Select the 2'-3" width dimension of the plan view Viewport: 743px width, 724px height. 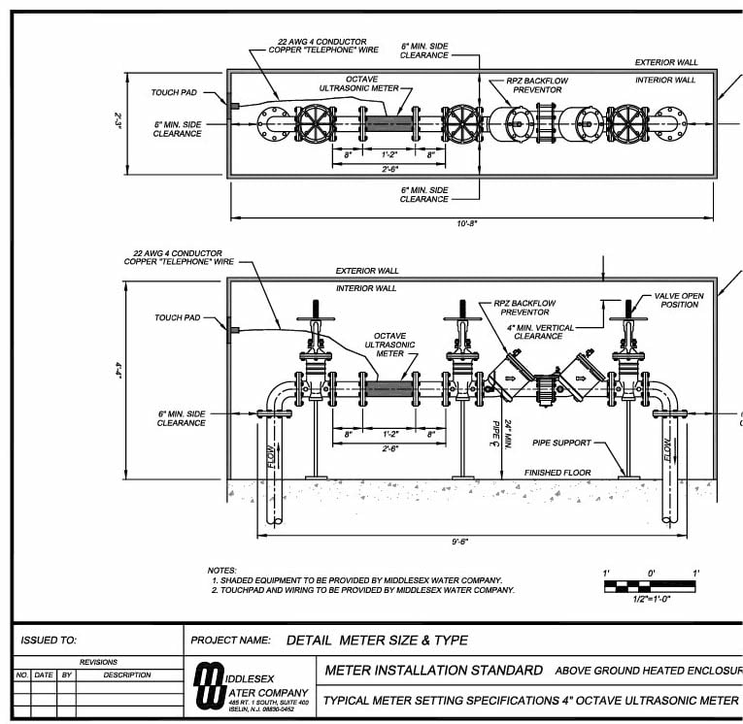(x=118, y=122)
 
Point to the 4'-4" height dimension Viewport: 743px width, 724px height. (x=118, y=370)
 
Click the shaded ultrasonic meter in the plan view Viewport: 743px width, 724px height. (x=388, y=123)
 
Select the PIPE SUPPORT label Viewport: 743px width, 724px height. (x=561, y=443)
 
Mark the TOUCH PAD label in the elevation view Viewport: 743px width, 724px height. (x=178, y=317)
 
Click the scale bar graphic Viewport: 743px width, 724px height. (x=650, y=586)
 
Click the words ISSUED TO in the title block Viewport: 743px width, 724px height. (x=48, y=641)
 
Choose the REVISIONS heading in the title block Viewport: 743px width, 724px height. (x=98, y=662)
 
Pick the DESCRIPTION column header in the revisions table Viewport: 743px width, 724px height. (x=127, y=675)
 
